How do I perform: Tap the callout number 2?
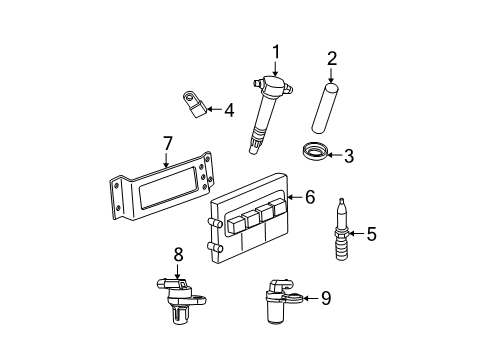(x=333, y=58)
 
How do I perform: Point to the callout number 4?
(x=229, y=110)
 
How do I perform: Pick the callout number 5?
(x=371, y=234)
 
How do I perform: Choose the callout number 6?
(x=310, y=199)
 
